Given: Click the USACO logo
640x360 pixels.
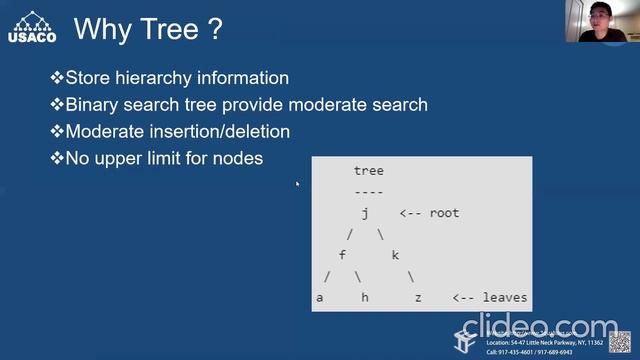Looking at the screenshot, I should [31, 22].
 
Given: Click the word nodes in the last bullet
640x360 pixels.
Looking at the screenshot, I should [238, 157].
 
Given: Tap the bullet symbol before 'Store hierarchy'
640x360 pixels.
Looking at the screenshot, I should [57, 78].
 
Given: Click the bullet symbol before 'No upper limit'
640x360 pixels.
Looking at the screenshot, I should [57, 157].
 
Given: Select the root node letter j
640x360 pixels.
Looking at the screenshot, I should [366, 213].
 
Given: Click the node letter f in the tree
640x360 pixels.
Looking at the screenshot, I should [343, 255].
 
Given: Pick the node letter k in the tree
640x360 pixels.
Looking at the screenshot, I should [395, 255].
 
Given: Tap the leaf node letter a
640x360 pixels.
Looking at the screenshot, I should [320, 298].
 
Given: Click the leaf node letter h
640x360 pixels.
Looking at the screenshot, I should [365, 298].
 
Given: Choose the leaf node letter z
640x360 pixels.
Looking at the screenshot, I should [418, 298].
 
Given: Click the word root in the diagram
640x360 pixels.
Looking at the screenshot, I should [444, 213].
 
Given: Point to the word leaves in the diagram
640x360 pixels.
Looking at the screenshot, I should [504, 298].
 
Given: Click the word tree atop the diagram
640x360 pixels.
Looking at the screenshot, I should [368, 171].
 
